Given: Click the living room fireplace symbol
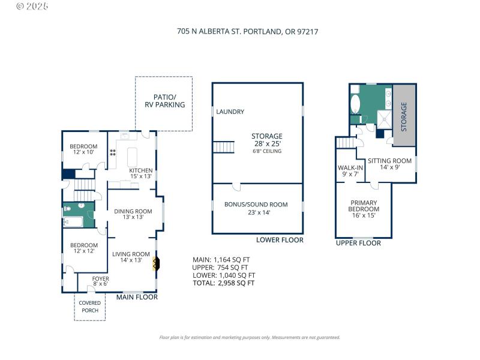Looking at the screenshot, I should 157,263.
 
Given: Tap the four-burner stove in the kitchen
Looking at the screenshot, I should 112,154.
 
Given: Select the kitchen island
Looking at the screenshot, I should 132,157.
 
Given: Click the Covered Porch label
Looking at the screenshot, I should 90,307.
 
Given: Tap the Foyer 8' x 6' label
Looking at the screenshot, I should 100,282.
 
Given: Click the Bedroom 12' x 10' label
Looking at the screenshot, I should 83,149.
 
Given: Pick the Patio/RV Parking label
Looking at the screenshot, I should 164,101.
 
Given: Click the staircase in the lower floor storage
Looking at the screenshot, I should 224,146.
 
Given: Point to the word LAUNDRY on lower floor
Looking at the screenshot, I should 230,112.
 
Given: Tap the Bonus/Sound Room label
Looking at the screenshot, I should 256,208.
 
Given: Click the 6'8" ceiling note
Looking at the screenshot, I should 266,151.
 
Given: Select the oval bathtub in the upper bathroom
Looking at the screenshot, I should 355,104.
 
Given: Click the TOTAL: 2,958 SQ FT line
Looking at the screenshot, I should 223,283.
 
